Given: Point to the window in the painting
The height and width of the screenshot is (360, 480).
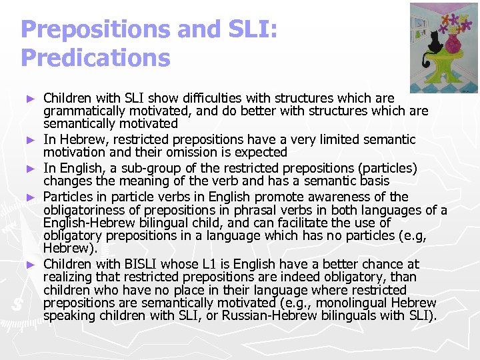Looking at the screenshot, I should (x=422, y=27).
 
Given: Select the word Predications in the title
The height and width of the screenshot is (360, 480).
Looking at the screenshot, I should (x=95, y=57).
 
